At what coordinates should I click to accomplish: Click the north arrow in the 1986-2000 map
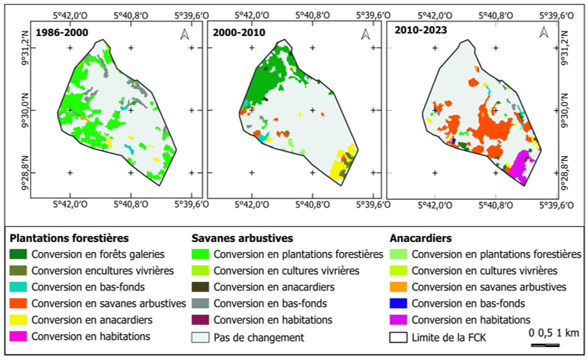point(183,34)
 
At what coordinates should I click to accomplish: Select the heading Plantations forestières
point(69,237)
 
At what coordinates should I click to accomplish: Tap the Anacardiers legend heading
point(423,237)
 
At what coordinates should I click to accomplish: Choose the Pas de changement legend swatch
point(201,336)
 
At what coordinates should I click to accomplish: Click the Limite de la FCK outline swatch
point(399,336)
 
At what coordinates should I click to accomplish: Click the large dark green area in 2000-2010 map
point(264,84)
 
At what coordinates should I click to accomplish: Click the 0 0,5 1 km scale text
point(552,333)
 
